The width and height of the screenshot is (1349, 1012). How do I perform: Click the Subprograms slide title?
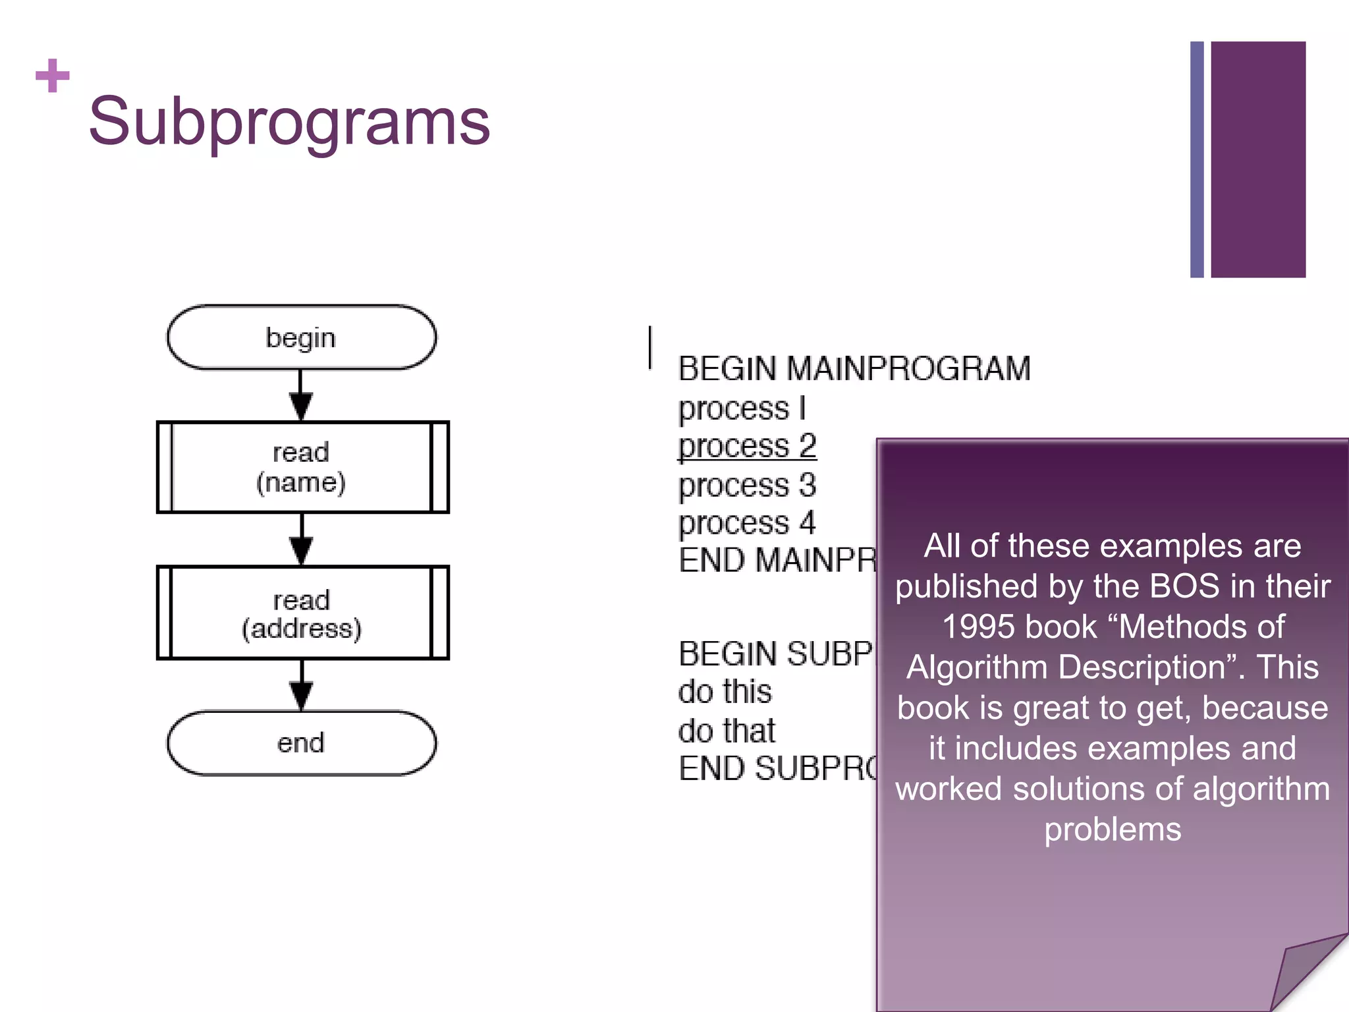click(x=289, y=121)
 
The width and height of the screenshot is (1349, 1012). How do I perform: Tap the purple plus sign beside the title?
click(x=53, y=76)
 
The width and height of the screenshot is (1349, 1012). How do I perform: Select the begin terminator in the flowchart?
click(x=301, y=337)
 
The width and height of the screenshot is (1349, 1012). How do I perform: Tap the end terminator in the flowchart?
click(x=301, y=743)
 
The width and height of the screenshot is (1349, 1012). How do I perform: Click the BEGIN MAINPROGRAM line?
click(x=854, y=369)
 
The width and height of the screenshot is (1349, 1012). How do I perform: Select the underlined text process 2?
click(x=747, y=446)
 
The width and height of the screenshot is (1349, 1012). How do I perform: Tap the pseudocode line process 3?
click(x=747, y=486)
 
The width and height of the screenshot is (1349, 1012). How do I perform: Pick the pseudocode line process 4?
click(x=747, y=523)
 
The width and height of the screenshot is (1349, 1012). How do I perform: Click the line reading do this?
click(x=725, y=692)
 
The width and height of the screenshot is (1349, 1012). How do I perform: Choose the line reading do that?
click(x=727, y=731)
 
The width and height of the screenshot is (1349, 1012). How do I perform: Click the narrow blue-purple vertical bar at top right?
click(x=1197, y=159)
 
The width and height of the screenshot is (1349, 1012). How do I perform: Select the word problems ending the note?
click(x=1113, y=829)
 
